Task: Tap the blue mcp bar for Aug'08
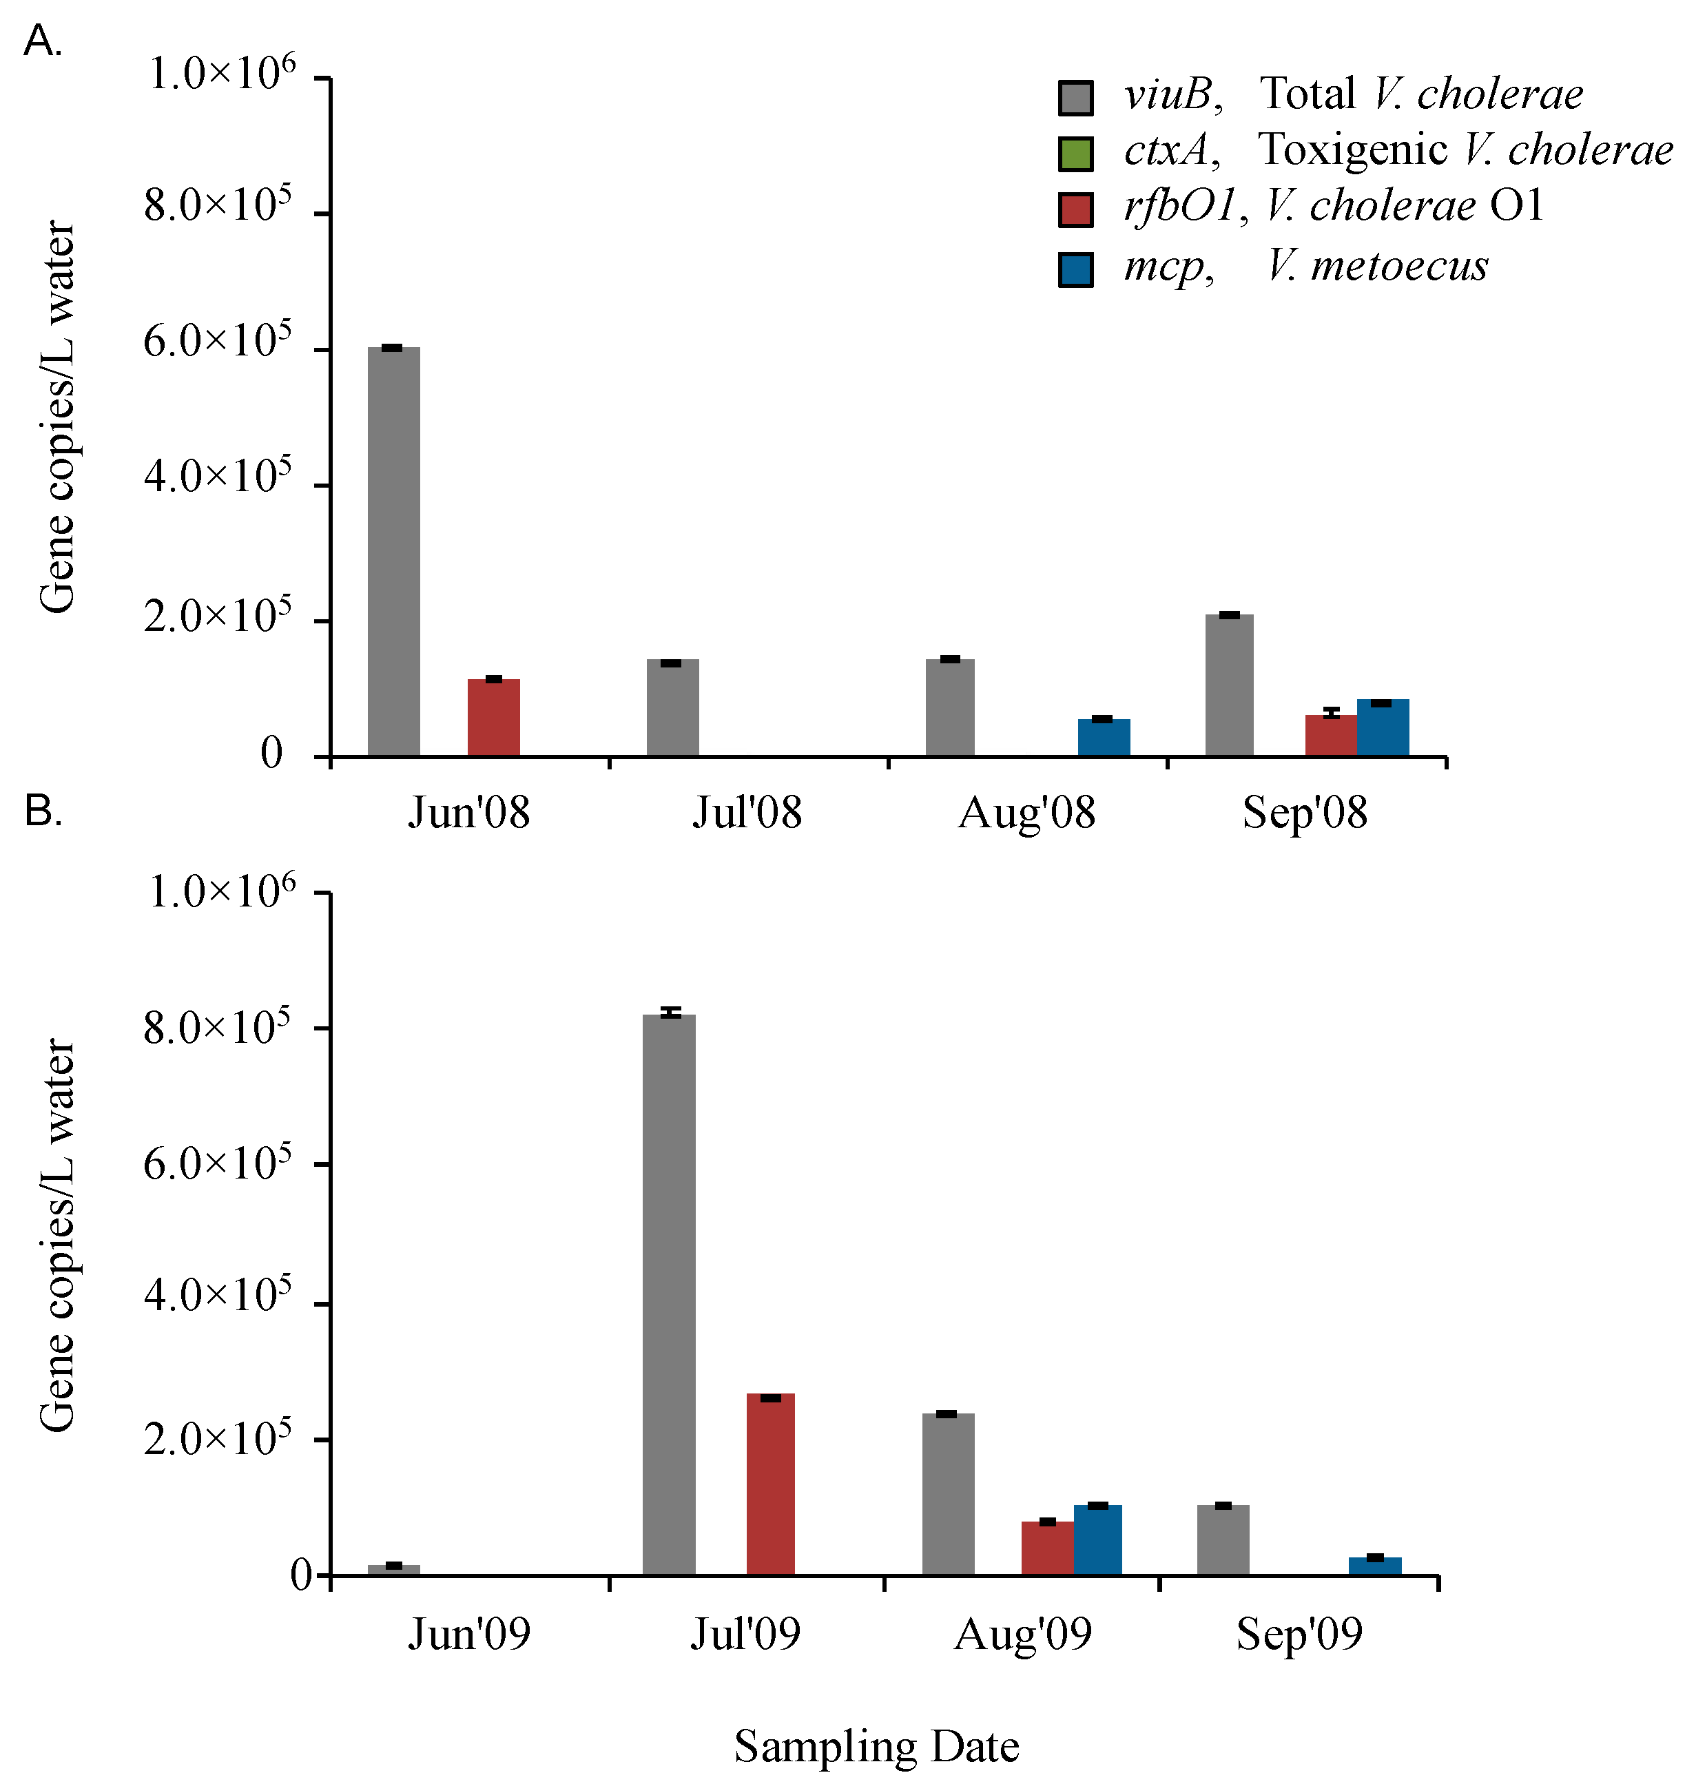1103,738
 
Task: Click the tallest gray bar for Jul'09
668,1294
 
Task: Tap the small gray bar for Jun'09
393,1570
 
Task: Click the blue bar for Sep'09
1374,1566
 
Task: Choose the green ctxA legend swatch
1075,154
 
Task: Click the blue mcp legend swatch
1075,269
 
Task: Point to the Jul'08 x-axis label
746,813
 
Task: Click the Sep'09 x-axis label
1299,1634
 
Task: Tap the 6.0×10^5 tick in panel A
218,342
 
